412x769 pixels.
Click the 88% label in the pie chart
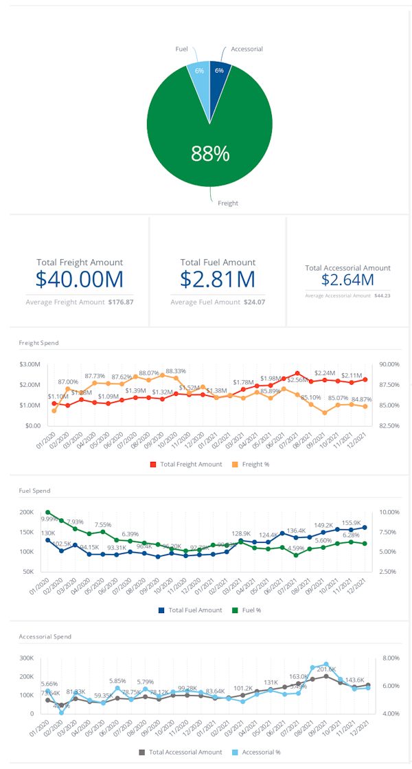pos(209,154)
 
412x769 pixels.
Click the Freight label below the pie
pos(228,203)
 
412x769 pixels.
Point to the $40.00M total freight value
pos(80,279)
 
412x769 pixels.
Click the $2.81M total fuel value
pos(218,279)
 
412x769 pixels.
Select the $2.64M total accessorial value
pos(347,280)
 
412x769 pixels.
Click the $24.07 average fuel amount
pos(253,302)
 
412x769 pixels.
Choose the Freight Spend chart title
pos(38,342)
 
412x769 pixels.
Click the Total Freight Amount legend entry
pos(186,465)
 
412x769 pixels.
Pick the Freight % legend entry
pos(255,465)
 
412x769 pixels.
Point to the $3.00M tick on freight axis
pos(30,364)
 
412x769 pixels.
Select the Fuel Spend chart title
pos(34,491)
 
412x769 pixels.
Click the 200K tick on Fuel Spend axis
pos(26,512)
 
